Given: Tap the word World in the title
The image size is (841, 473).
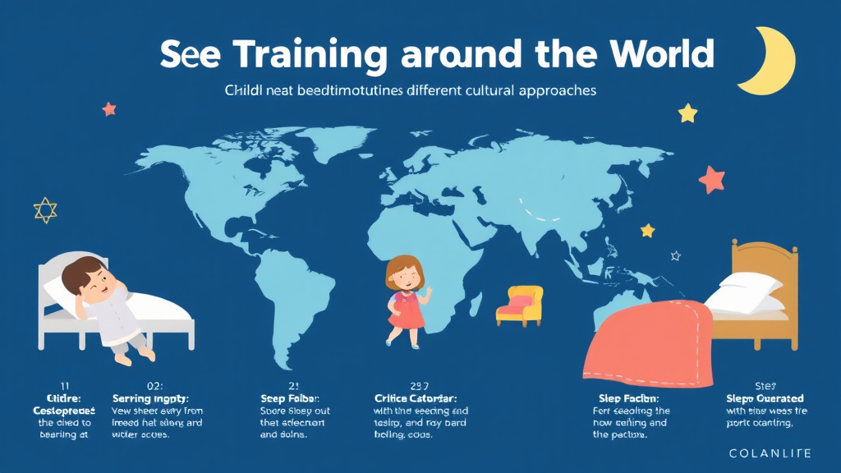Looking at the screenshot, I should click(x=660, y=54).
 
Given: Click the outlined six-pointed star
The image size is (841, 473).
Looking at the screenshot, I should click(x=45, y=210).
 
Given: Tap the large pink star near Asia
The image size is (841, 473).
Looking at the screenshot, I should click(x=712, y=177).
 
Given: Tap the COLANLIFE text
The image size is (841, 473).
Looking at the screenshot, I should click(x=769, y=453).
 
